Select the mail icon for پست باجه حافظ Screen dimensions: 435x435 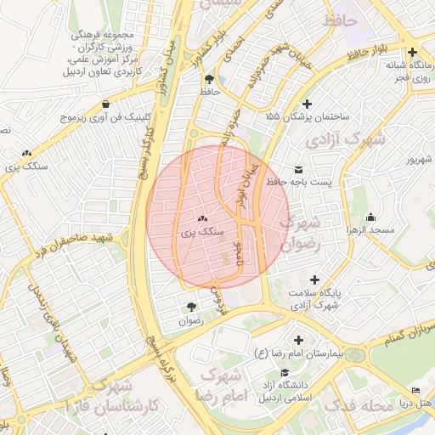(297, 168)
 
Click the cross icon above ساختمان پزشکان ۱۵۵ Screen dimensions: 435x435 (295, 103)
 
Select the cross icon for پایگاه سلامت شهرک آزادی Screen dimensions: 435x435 (314, 280)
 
